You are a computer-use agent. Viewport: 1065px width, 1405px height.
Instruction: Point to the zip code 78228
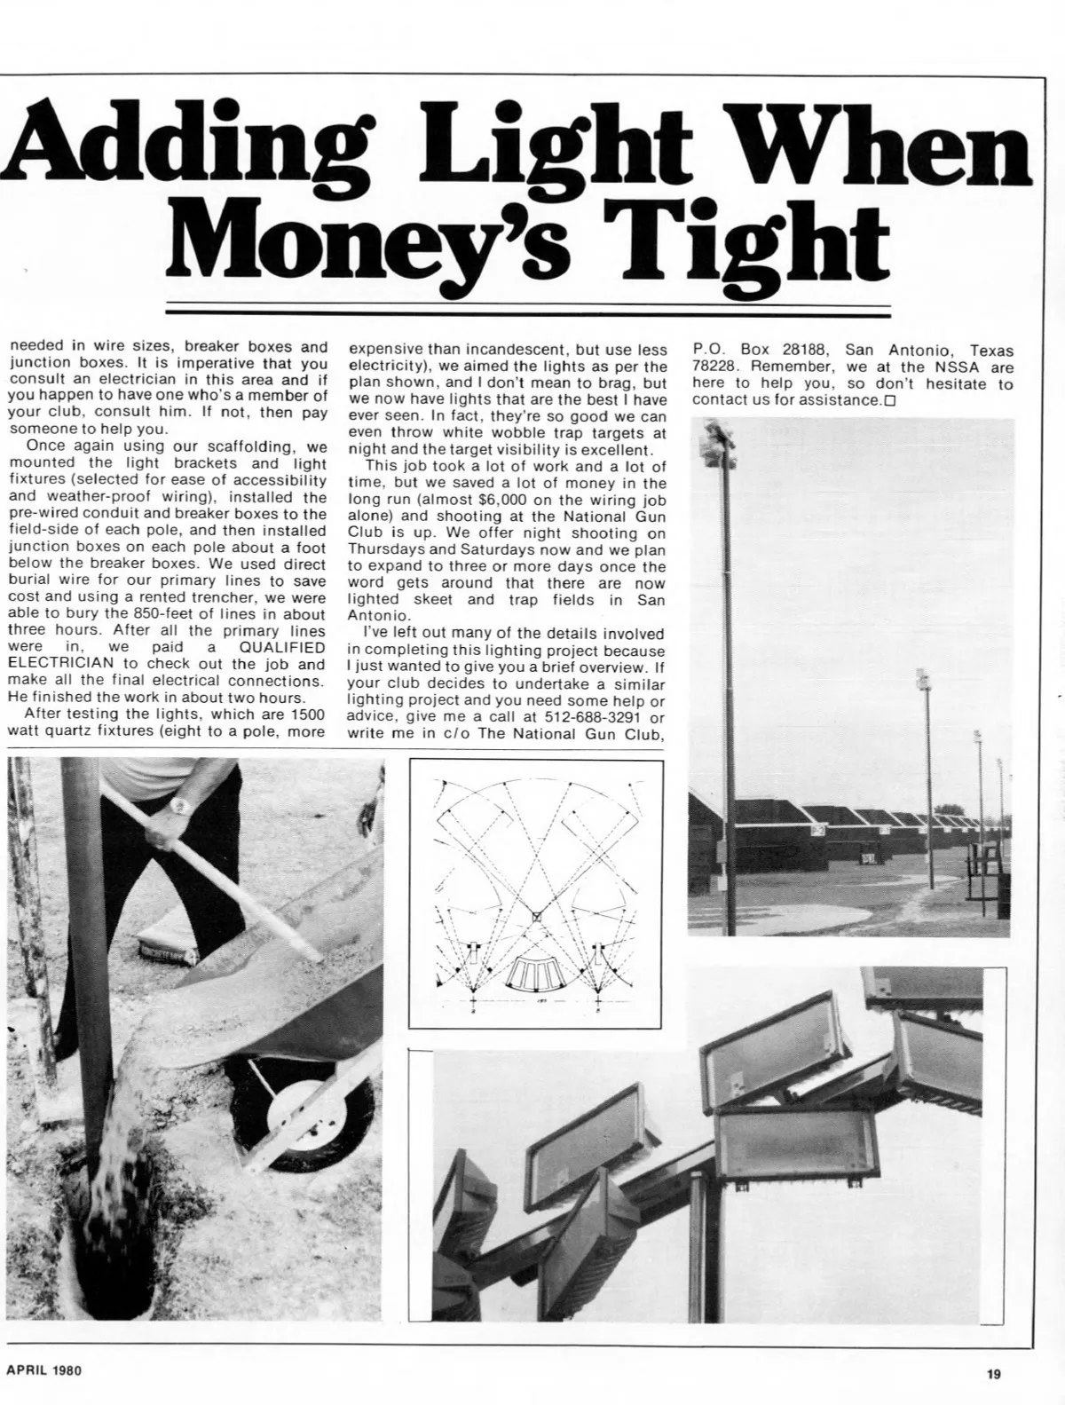pos(712,367)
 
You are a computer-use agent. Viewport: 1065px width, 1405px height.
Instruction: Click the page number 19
pos(993,1375)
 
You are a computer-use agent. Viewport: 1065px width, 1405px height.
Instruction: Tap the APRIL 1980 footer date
pos(43,1370)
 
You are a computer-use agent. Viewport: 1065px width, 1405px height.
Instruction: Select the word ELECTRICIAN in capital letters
pos(60,664)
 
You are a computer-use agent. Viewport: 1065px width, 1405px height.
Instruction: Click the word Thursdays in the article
pos(383,550)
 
